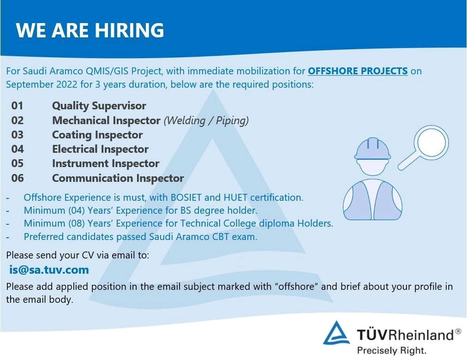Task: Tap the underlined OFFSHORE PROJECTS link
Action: point(358,71)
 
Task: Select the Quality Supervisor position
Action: point(99,106)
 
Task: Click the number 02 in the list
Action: point(17,120)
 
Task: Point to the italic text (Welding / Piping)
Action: point(206,120)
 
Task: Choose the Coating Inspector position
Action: point(97,135)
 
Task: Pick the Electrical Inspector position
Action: point(100,149)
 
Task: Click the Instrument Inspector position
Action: point(105,163)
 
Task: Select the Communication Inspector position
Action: point(118,178)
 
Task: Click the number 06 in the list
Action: point(17,178)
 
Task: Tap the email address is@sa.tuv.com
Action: point(49,270)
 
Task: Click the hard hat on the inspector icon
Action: point(372,149)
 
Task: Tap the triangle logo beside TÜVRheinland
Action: point(336,333)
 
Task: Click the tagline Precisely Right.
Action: point(392,350)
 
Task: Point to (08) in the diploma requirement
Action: point(77,223)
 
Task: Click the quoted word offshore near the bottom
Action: point(296,287)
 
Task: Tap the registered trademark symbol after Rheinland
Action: point(458,331)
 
